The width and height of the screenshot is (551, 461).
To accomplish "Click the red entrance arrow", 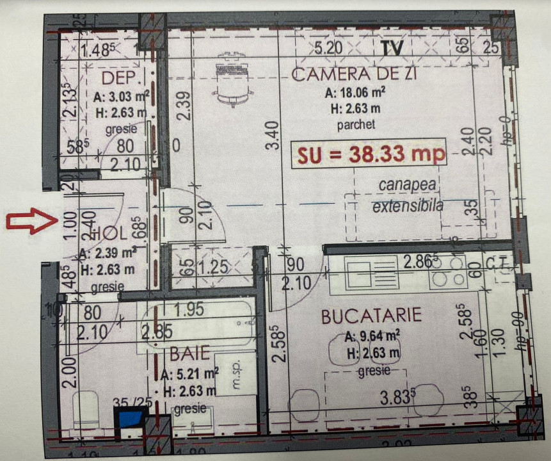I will [28, 222].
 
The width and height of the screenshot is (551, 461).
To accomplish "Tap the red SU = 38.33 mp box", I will [369, 154].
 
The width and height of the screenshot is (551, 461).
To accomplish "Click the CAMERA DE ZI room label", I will [354, 74].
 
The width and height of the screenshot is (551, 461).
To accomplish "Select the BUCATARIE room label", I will [372, 316].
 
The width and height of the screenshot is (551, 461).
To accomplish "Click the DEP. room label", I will [122, 79].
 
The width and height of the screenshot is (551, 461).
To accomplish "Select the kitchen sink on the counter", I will [363, 271].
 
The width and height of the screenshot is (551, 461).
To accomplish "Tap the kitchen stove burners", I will [447, 271].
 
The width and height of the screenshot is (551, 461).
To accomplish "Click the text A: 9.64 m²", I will [372, 336].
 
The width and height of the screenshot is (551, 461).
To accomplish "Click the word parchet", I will [356, 124].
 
